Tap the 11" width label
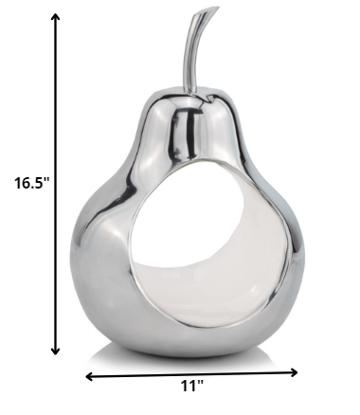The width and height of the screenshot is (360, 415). click(192, 385)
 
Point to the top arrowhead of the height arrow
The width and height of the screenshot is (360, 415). click(58, 18)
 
